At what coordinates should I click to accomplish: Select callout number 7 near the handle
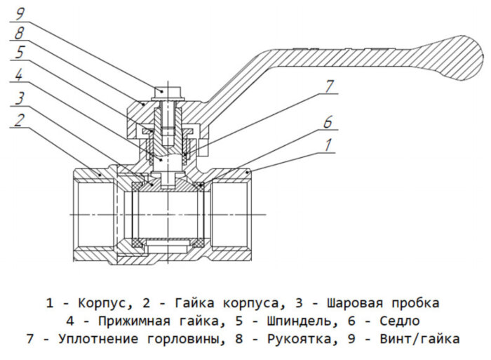point(330,86)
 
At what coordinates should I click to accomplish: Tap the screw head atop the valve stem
point(166,91)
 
